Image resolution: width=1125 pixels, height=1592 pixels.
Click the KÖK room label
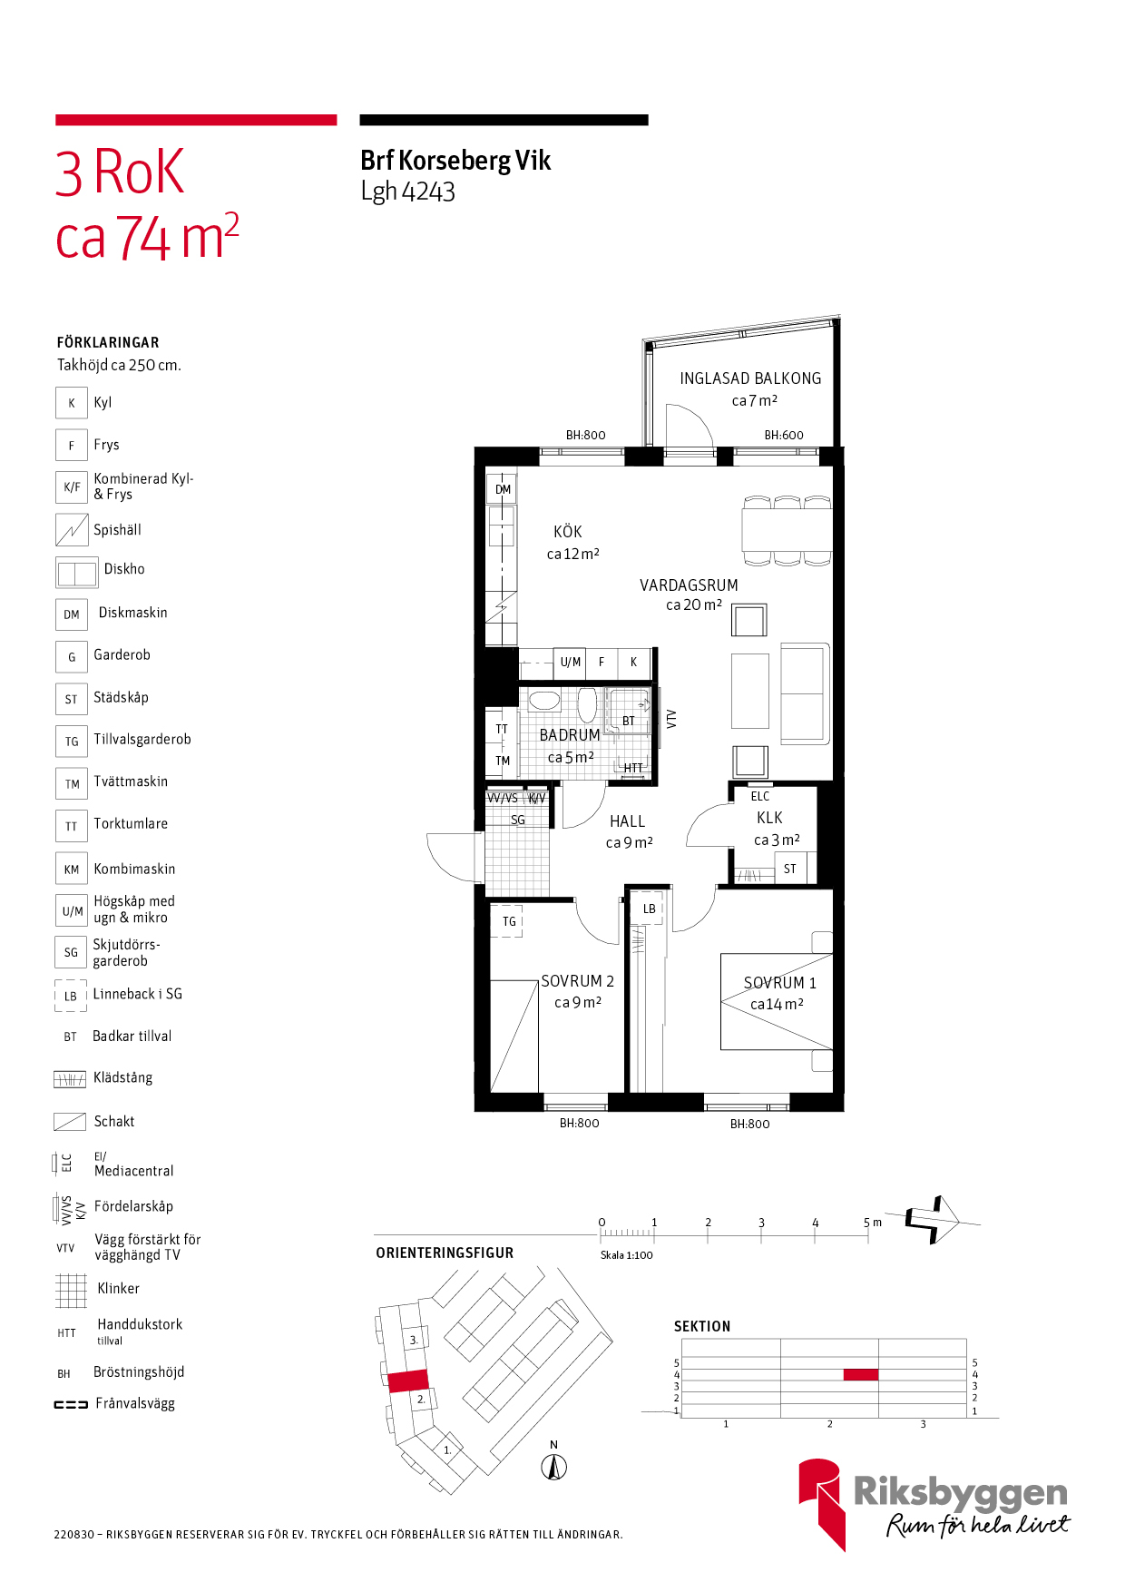[x=568, y=532]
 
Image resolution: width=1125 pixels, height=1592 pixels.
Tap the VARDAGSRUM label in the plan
[x=689, y=585]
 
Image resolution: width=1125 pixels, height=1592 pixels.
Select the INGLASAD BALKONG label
[x=750, y=378]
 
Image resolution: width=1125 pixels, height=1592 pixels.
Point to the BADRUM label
[x=570, y=735]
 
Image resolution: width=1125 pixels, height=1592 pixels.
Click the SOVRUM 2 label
[x=578, y=981]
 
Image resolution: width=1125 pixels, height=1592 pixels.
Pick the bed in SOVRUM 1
[x=777, y=1001]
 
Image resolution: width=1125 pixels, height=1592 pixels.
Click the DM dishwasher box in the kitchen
[x=503, y=489]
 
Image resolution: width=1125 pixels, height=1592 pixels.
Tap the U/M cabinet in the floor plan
[x=571, y=663]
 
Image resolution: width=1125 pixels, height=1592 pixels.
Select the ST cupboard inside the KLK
[x=790, y=869]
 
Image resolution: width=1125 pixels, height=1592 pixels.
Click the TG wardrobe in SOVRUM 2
[x=509, y=921]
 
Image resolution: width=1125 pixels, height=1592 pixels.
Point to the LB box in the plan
[x=650, y=909]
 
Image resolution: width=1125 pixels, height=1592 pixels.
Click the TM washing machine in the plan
[x=503, y=761]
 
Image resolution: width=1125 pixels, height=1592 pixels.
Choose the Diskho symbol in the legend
[x=76, y=573]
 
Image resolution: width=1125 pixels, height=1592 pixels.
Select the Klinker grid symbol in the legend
[x=71, y=1290]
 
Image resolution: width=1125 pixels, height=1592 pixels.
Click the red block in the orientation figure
[x=408, y=1381]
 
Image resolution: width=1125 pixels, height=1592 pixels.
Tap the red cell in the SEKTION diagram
[x=861, y=1374]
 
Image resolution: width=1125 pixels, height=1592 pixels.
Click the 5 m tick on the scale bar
[x=868, y=1235]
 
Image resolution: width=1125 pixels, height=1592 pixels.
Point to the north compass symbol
[x=554, y=1466]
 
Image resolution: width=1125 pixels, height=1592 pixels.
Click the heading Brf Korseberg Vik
[x=455, y=161]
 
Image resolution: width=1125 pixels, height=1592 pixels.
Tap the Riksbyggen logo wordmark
[x=961, y=1493]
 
